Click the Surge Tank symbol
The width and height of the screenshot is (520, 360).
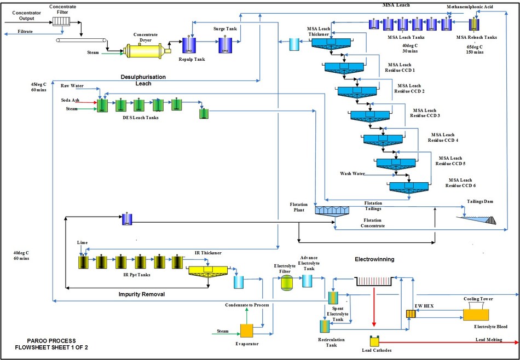click(x=226, y=45)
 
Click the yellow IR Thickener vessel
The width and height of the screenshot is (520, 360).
click(x=209, y=270)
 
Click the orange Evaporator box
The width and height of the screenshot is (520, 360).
click(x=246, y=331)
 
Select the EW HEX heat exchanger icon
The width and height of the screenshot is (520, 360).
click(x=411, y=314)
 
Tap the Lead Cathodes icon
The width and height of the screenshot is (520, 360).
click(x=374, y=341)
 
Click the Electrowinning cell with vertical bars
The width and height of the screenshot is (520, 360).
click(x=374, y=282)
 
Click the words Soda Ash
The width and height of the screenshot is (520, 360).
click(x=71, y=100)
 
